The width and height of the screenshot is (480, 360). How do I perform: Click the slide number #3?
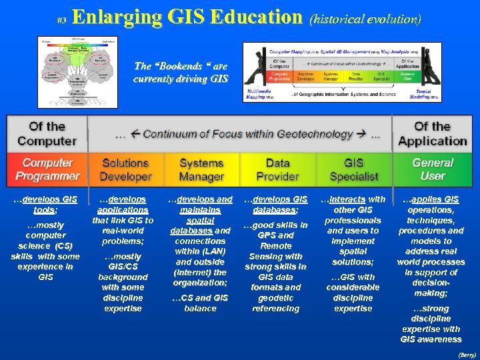click(61, 21)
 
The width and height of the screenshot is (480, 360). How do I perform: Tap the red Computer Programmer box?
click(48, 169)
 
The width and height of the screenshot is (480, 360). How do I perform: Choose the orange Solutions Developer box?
click(125, 169)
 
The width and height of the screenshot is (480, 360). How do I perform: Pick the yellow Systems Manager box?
click(201, 169)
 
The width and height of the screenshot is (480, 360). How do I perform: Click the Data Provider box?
click(277, 169)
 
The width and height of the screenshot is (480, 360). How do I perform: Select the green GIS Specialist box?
click(353, 169)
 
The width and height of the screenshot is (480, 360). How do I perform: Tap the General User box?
click(433, 169)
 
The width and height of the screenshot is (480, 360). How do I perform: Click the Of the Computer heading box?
click(47, 133)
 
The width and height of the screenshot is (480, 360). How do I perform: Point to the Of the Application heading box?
click(433, 133)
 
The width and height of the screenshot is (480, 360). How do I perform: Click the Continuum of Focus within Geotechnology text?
click(247, 134)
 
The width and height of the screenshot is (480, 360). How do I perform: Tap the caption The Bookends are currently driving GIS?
click(181, 72)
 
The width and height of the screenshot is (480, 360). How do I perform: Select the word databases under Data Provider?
click(276, 209)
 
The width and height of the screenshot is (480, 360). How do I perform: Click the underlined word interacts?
click(347, 199)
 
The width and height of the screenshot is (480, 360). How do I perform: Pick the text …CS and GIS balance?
click(200, 303)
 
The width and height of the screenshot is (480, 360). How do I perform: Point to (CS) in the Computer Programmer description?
click(65, 246)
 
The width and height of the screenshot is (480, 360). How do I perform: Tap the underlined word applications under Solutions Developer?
click(123, 209)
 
